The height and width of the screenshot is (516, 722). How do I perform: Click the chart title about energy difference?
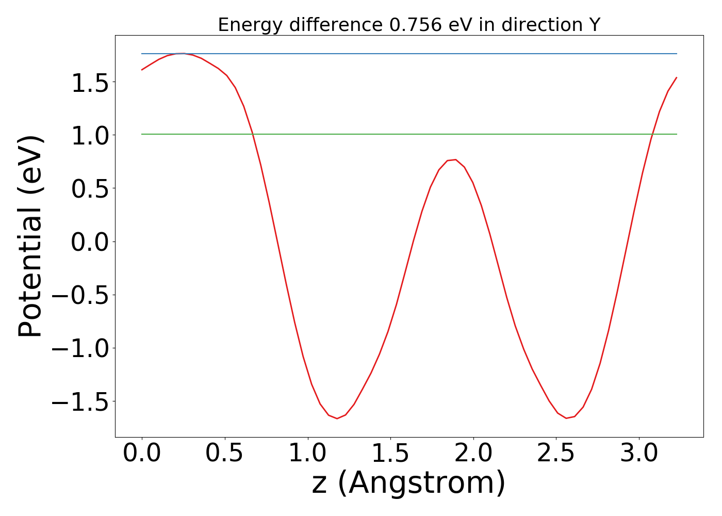[x=409, y=25]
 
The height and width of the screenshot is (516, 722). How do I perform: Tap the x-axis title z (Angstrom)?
[x=409, y=483]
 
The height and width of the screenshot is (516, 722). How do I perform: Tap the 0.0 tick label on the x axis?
[x=142, y=454]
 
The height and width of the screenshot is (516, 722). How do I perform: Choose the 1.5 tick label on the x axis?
[x=390, y=454]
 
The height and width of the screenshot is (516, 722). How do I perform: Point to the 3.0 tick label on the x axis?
[x=639, y=454]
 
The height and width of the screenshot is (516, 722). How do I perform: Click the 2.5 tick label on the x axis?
[x=556, y=454]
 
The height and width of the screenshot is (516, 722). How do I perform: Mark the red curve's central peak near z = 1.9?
[x=455, y=160]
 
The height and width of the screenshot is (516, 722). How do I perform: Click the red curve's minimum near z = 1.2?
[x=337, y=418]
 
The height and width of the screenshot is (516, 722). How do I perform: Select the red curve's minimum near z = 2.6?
[x=566, y=417]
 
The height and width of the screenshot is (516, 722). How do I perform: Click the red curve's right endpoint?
[x=676, y=77]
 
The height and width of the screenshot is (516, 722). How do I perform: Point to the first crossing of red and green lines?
[x=253, y=134]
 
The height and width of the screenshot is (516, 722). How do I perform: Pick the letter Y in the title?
[x=595, y=25]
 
